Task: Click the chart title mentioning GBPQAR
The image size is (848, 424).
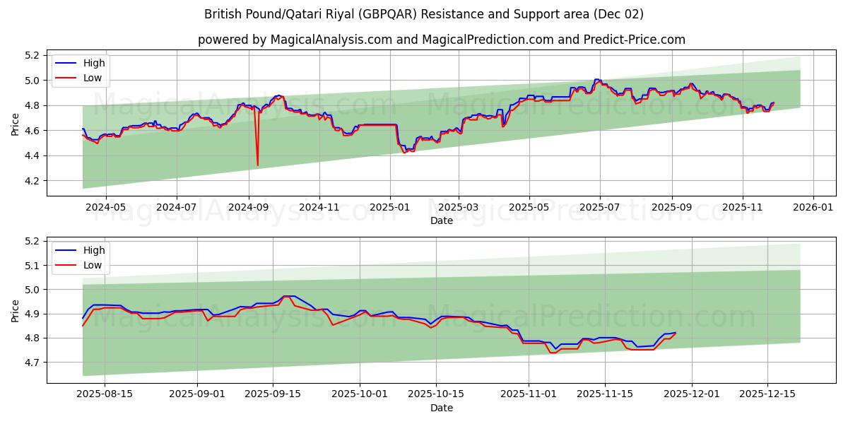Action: click(x=424, y=14)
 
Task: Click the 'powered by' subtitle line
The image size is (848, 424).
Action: click(x=441, y=40)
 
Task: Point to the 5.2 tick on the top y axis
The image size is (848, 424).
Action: click(x=32, y=55)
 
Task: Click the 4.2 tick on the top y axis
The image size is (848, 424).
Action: click(x=32, y=181)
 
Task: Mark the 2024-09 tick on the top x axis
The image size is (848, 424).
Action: click(x=248, y=208)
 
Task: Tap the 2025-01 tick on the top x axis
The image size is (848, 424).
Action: click(x=390, y=208)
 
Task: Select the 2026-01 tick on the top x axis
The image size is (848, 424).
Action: click(x=813, y=208)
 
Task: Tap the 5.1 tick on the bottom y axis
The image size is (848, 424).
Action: click(x=32, y=266)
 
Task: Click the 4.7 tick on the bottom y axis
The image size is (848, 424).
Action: click(x=32, y=363)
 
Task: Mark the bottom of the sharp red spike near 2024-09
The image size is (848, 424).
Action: click(x=257, y=165)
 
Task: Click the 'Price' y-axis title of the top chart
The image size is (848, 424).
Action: click(x=16, y=123)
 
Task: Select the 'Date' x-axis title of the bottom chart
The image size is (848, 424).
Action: click(x=441, y=408)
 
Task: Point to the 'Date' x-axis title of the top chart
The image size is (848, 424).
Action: click(x=441, y=220)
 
